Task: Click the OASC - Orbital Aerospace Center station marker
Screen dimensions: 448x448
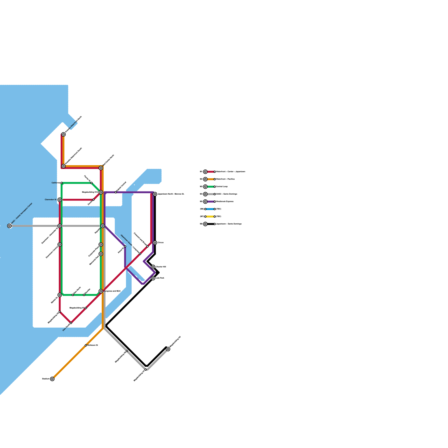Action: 10,226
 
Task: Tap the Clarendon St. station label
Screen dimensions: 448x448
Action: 51,200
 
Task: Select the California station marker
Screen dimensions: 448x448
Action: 62,183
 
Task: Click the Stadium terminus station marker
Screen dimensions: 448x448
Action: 52,379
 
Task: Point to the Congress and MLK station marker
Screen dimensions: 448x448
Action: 101,291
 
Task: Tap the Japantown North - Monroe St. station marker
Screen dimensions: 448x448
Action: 155,194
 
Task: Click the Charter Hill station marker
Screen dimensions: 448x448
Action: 153,267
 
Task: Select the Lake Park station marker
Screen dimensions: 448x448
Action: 153,278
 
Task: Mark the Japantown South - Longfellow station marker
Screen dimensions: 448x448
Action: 140,254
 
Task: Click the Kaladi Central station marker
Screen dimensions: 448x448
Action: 116,192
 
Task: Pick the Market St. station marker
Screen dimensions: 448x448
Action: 60,295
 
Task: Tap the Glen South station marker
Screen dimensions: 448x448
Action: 71,323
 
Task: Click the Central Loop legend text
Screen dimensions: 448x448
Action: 222,186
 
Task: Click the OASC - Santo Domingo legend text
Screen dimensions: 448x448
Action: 227,194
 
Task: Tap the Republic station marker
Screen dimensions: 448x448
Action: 103,226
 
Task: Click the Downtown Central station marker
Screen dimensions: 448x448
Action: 60,244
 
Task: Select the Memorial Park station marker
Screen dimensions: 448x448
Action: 101,254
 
